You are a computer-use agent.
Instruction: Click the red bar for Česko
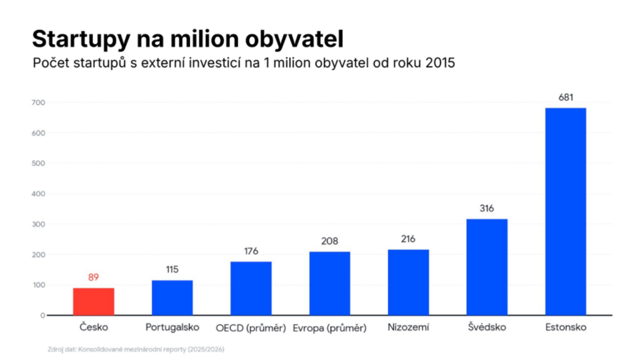coord(94,302)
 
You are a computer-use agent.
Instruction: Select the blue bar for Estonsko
coord(566,211)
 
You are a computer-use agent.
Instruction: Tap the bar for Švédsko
coord(487,267)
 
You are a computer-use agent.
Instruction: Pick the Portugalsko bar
coord(172,297)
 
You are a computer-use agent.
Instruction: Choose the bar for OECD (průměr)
coord(251,288)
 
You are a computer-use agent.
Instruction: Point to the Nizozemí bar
coord(408,282)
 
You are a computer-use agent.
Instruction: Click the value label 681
coord(566,97)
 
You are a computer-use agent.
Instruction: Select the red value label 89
coord(94,277)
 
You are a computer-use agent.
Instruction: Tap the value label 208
coord(329,241)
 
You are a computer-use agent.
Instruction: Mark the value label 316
coord(486,209)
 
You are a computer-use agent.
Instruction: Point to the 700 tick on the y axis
coord(38,103)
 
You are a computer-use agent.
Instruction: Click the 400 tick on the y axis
coord(38,194)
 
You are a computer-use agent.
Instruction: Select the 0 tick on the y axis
coord(42,316)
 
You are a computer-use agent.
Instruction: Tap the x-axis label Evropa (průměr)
coord(329,327)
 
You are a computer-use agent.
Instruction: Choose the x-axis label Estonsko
coord(566,327)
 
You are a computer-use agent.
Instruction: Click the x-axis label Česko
coord(94,327)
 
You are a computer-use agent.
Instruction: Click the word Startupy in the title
coord(81,40)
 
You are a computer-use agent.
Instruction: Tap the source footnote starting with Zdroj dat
coord(136,349)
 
